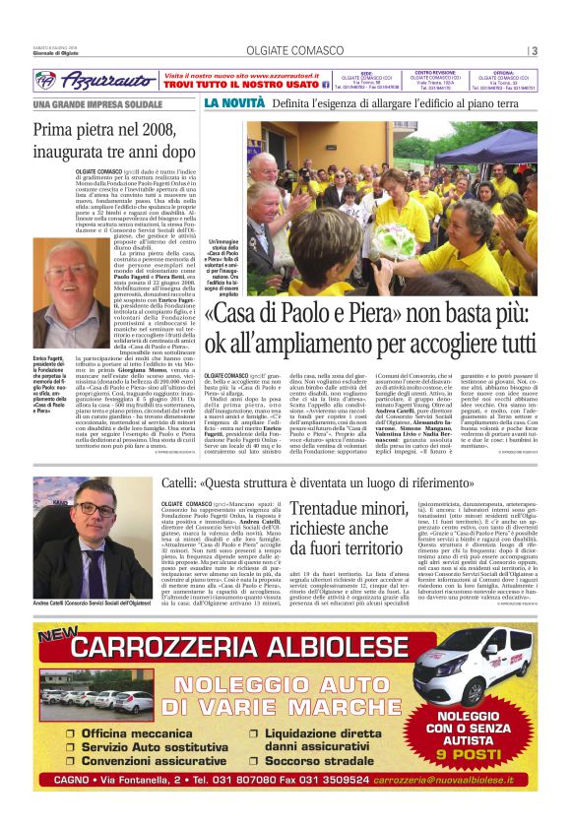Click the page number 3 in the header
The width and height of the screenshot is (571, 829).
534,51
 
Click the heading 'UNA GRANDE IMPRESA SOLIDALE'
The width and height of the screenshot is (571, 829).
96,104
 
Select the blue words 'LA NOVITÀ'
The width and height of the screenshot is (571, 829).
234,102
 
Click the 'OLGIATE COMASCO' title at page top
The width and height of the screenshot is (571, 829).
284,51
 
